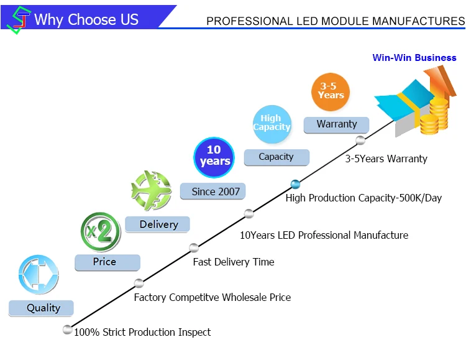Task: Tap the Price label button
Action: tap(107, 262)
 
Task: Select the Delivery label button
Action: tap(158, 224)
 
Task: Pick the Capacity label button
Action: tap(276, 157)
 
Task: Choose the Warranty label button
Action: tap(336, 124)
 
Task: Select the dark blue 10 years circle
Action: tap(214, 157)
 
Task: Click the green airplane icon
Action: tap(150, 190)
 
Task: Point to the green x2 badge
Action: tap(101, 231)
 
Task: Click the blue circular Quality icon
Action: tap(39, 274)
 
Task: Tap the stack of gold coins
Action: tap(434, 118)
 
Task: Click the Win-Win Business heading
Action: tap(414, 58)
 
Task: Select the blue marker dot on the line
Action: tap(295, 183)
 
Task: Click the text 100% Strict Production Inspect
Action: tap(142, 332)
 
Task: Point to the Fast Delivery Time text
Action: tap(233, 262)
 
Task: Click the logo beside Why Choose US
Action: tap(18, 19)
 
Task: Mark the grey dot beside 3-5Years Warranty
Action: tap(360, 140)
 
